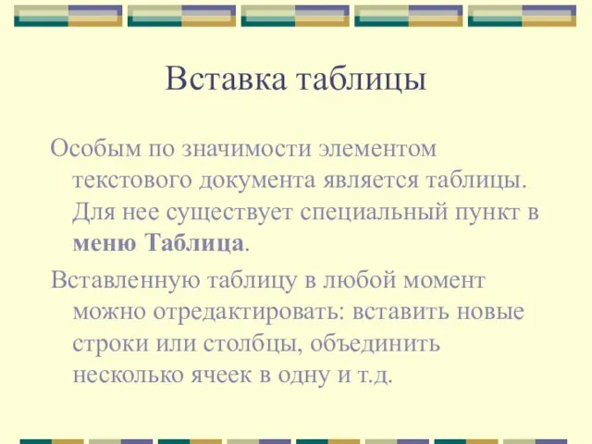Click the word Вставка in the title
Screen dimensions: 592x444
point(226,79)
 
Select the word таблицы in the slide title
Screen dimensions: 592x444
point(362,80)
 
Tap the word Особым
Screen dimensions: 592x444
point(95,148)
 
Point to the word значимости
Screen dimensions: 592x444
point(247,148)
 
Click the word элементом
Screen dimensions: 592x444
point(377,149)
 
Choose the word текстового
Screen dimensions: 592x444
point(132,180)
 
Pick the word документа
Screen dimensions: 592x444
point(257,181)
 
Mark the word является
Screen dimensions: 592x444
point(371,180)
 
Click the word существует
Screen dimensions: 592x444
point(229,212)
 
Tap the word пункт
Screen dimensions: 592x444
point(487,213)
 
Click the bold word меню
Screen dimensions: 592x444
point(105,243)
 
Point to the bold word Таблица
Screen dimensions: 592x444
point(195,242)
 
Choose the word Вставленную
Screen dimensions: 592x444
point(126,280)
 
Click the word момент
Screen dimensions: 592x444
point(444,281)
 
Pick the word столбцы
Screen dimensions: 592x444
point(253,344)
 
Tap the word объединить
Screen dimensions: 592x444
point(376,343)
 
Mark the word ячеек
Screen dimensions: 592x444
point(221,376)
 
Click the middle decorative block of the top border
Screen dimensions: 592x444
point(295,17)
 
